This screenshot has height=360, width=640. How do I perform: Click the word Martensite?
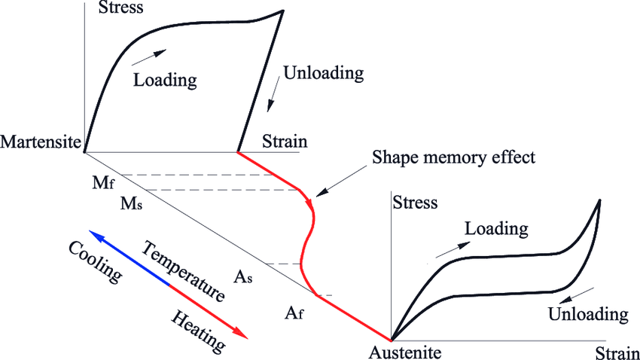pos(41,142)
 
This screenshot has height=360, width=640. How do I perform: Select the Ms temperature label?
pos(130,203)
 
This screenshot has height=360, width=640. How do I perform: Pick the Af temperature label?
pos(294,312)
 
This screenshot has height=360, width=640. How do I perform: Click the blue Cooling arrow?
pos(128,257)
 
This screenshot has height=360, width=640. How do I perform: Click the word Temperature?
pos(184,271)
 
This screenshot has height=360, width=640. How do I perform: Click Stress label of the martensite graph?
pos(121,9)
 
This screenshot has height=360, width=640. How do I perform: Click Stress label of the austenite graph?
pos(416,203)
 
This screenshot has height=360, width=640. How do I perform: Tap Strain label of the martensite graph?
pos(285,141)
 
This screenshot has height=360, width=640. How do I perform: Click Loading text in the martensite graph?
pos(165,79)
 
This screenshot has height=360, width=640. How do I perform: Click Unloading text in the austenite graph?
pos(588,313)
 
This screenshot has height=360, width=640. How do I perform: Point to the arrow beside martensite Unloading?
pos(273,97)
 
